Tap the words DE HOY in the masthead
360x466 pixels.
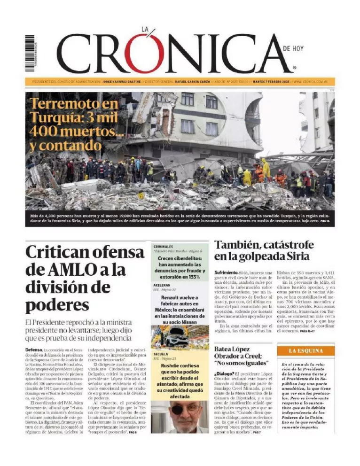[x=294, y=48]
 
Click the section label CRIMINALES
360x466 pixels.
[x=163, y=246]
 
